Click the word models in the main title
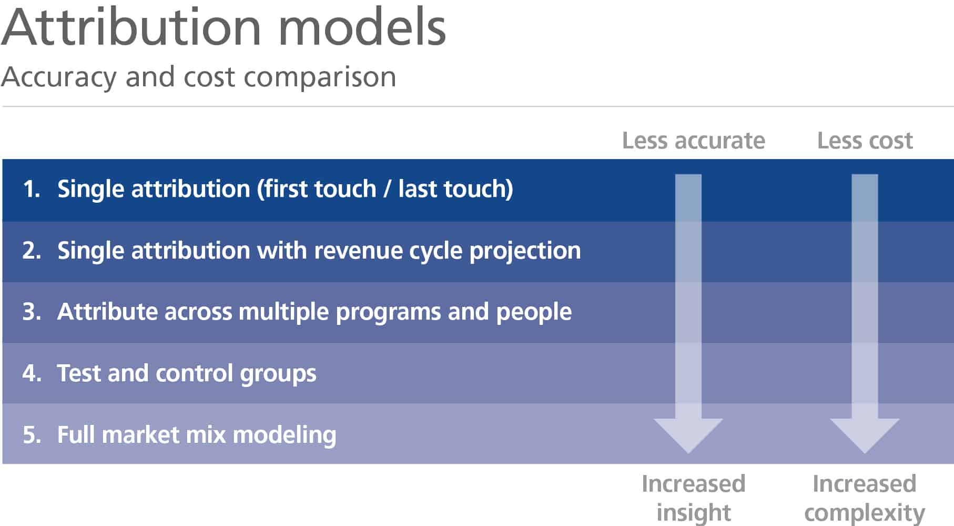click(362, 27)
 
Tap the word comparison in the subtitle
click(320, 77)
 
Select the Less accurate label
click(693, 141)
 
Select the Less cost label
click(865, 141)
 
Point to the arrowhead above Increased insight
click(688, 434)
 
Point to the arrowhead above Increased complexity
click(865, 434)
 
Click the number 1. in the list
click(32, 189)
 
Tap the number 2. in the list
click(32, 251)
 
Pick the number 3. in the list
click(32, 312)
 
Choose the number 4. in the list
click(32, 373)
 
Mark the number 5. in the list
click(32, 435)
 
